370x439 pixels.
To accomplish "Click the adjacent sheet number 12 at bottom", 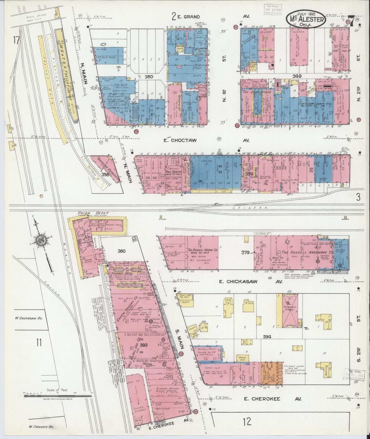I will tap(247, 421).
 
